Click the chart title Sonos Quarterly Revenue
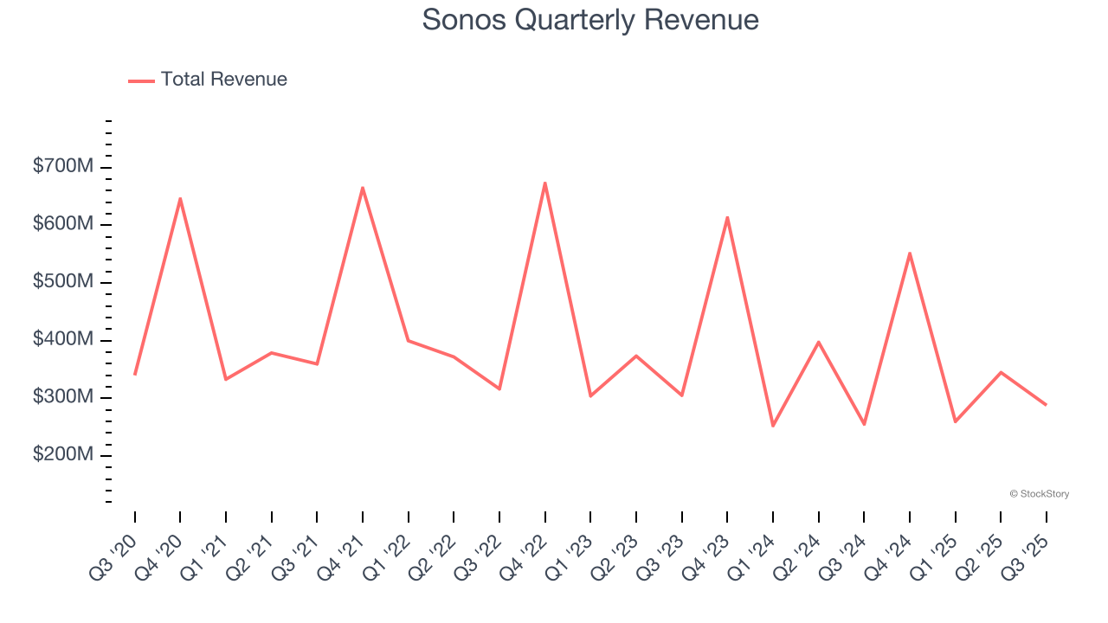click(590, 20)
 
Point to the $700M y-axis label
click(63, 166)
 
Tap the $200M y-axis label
click(63, 455)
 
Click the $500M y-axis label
click(63, 282)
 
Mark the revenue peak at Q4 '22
click(544, 183)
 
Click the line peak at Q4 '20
click(180, 199)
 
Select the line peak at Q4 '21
click(363, 188)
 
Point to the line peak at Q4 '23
click(727, 217)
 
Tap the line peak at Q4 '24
click(910, 254)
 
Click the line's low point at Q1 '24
click(773, 426)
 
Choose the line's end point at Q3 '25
click(1046, 405)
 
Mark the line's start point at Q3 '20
click(135, 374)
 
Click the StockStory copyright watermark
click(1039, 494)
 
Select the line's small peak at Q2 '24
click(818, 342)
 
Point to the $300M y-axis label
click(63, 397)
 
